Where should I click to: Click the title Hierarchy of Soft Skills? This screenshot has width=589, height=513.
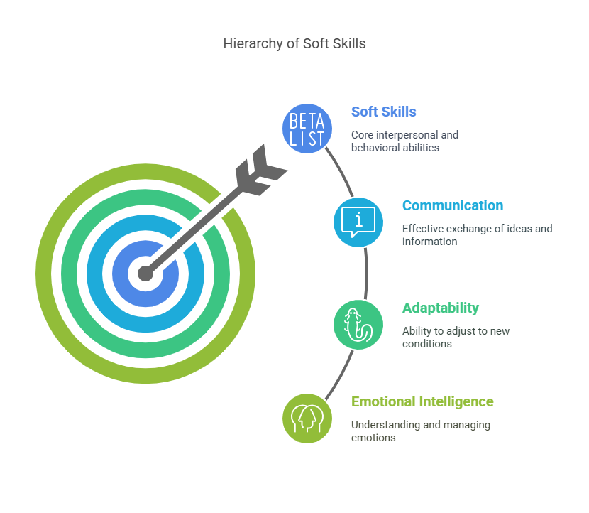pyautogui.click(x=294, y=43)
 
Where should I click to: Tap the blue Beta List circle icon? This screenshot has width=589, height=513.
pyautogui.click(x=307, y=129)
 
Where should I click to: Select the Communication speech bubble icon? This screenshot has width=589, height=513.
pyautogui.click(x=358, y=222)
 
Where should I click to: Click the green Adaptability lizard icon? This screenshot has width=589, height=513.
pyautogui.click(x=358, y=325)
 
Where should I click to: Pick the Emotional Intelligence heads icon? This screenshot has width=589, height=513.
pyautogui.click(x=307, y=418)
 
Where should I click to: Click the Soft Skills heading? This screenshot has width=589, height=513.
pyautogui.click(x=383, y=112)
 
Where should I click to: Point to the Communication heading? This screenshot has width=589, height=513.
pyautogui.click(x=453, y=205)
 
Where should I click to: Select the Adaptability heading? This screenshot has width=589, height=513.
pyautogui.click(x=441, y=308)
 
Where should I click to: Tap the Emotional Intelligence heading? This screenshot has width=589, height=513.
pyautogui.click(x=422, y=401)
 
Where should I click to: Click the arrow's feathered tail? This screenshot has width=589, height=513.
pyautogui.click(x=260, y=171)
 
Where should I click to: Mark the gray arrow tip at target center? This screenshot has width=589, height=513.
pyautogui.click(x=145, y=274)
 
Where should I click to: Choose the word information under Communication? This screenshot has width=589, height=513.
pyautogui.click(x=430, y=242)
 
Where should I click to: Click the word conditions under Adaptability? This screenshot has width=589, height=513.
pyautogui.click(x=427, y=344)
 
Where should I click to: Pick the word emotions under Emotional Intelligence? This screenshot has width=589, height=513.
pyautogui.click(x=373, y=438)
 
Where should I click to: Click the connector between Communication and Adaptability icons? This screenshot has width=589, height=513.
pyautogui.click(x=366, y=274)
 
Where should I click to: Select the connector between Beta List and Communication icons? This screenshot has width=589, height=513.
pyautogui.click(x=341, y=171)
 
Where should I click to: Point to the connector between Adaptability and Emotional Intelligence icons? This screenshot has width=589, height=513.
pyautogui.click(x=341, y=376)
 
